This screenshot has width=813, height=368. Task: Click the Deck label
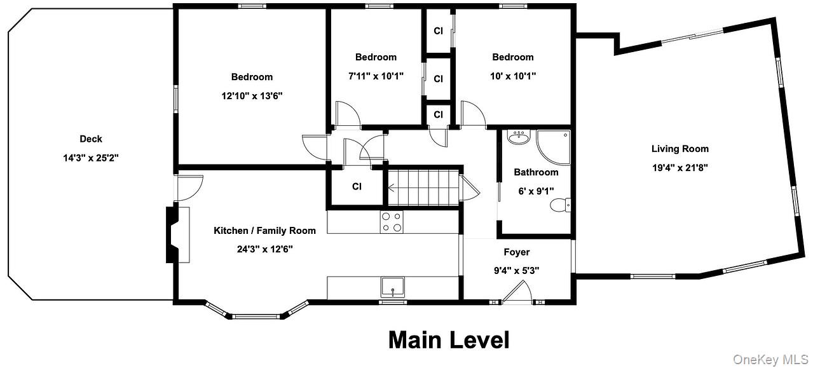91,139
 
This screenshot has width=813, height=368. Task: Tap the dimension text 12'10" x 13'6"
252,97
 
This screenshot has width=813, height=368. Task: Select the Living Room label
680,149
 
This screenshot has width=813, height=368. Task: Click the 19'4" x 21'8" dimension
680,168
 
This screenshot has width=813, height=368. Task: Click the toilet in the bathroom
560,204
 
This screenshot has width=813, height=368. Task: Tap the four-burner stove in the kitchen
391,222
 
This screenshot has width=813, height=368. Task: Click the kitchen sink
393,287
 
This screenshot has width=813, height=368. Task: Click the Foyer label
516,252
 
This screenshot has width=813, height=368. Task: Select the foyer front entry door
517,292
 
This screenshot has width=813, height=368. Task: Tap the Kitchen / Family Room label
264,231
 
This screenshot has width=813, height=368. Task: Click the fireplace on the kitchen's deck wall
174,234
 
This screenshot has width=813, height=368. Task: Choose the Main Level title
449,340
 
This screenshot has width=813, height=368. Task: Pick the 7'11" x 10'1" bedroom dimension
376,76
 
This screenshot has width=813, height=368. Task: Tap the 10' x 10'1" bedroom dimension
513,76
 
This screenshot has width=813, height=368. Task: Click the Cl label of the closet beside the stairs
357,187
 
